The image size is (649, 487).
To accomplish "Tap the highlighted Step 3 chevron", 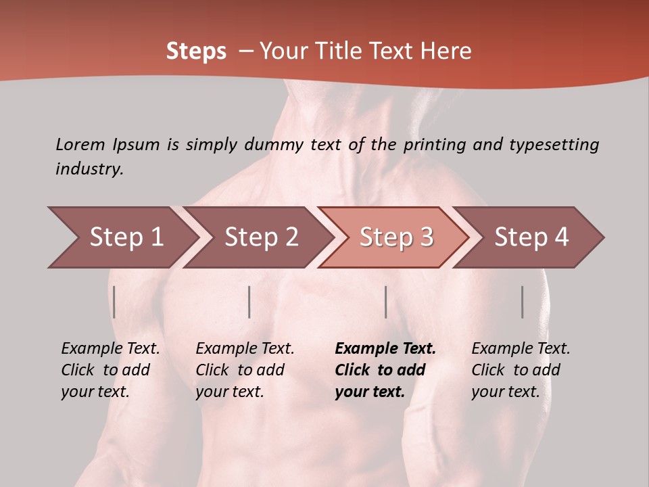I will [396, 237].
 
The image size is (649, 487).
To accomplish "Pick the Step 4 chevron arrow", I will [531, 237].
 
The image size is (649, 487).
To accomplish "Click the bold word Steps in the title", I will [196, 51].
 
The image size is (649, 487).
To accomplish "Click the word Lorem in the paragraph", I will [80, 144].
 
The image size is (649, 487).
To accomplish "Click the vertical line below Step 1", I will [114, 302].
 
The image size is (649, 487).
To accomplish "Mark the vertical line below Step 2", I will [249, 302].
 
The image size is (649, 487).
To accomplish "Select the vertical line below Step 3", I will [385, 302].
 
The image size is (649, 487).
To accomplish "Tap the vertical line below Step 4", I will [522, 302].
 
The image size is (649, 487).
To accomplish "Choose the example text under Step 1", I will [110, 370].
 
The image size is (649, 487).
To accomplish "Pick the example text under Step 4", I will [521, 370].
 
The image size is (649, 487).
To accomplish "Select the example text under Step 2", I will [245, 370].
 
